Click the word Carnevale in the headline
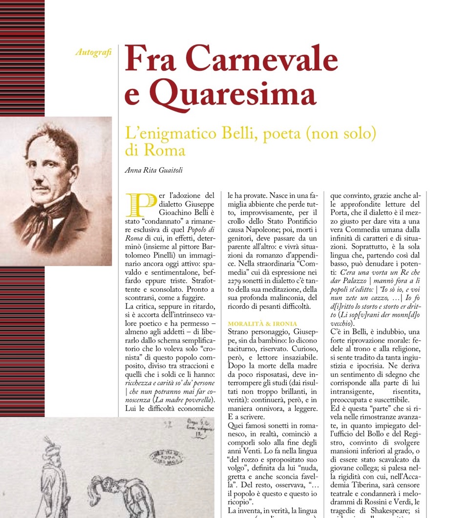(261, 60)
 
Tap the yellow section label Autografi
(94, 52)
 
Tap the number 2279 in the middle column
(238, 281)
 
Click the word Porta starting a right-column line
(341, 213)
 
